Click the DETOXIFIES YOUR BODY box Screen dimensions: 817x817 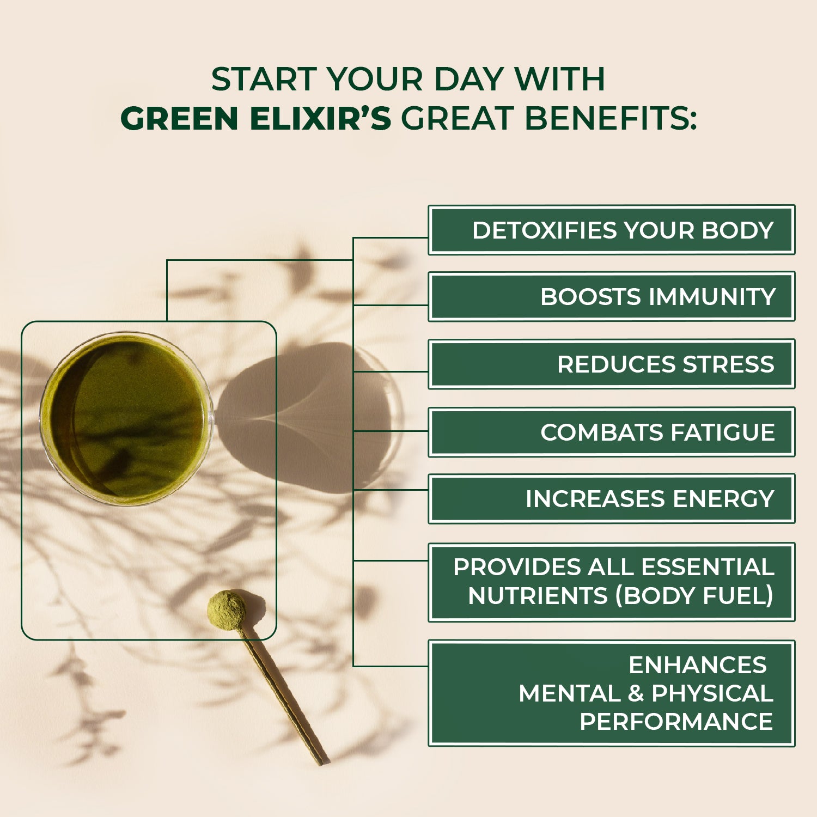[611, 230]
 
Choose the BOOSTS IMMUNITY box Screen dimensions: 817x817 [611, 297]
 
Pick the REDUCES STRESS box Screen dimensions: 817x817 [611, 364]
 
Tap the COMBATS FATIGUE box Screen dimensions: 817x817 [611, 432]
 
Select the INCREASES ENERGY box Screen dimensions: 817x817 [611, 499]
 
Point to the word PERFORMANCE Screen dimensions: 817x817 [676, 722]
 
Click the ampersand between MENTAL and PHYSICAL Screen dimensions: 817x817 [636, 694]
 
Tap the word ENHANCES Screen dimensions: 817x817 [698, 665]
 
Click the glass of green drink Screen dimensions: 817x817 [126, 418]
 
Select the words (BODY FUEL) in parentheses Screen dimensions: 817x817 [694, 596]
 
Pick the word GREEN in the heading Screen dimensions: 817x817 [179, 119]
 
